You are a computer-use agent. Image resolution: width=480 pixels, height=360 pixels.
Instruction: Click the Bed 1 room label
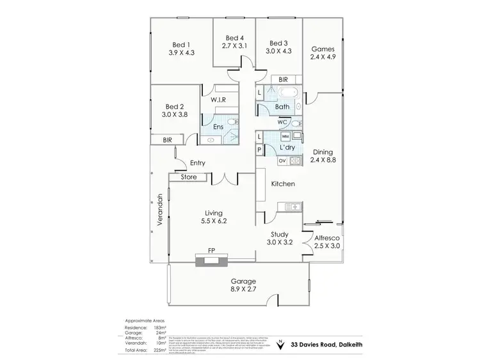pos(180,44)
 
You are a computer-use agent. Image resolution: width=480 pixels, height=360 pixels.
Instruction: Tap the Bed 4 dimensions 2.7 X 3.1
pos(234,46)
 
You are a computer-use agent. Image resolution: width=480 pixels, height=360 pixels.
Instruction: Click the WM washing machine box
pos(285,137)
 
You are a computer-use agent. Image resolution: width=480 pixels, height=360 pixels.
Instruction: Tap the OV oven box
pos(282,160)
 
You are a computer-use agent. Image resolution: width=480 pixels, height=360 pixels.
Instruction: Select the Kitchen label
pos(282,184)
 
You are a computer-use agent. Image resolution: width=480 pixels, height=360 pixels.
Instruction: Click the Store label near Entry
pos(188,177)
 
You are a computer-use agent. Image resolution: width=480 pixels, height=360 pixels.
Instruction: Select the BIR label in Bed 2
pos(167,139)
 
